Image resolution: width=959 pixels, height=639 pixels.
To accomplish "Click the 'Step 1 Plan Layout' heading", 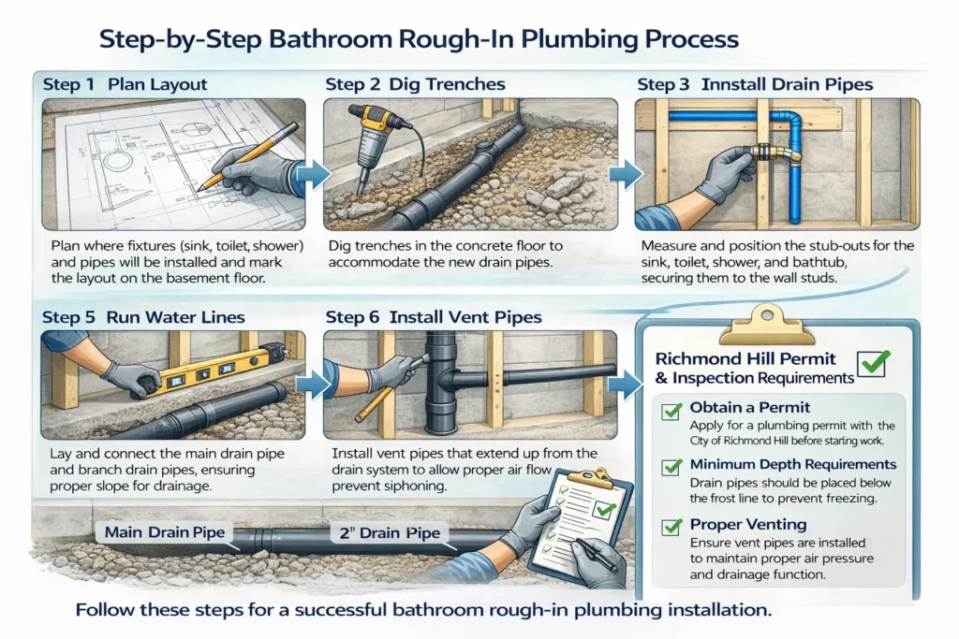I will click(x=125, y=84).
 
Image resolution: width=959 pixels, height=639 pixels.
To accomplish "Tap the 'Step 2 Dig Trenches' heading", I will click(x=415, y=84).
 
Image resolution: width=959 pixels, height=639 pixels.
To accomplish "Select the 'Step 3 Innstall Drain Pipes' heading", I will click(x=755, y=84).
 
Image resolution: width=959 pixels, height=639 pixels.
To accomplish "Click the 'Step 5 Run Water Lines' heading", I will click(x=143, y=317).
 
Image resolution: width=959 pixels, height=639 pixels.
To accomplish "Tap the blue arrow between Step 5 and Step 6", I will click(x=310, y=384).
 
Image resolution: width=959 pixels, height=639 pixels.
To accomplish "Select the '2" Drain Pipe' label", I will click(x=391, y=535).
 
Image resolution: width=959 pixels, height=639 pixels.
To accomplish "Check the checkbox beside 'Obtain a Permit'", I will click(x=671, y=411).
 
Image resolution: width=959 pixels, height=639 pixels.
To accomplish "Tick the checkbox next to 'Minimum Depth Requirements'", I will click(x=671, y=466).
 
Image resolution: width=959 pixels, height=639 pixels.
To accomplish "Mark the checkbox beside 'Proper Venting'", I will click(x=671, y=526).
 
